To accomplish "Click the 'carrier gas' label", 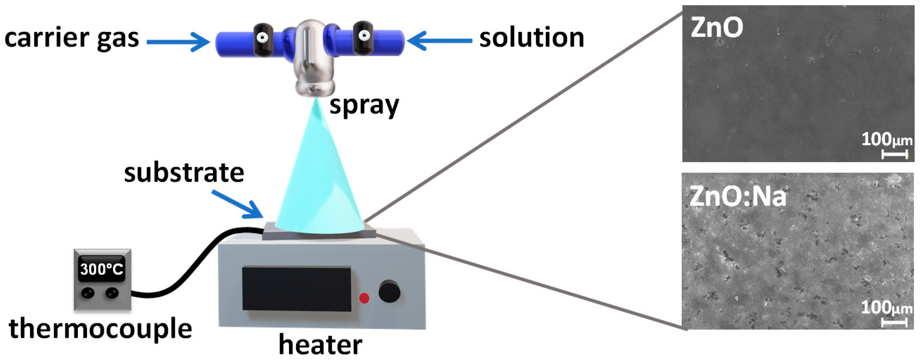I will (71, 39).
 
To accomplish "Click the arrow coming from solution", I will (440, 41).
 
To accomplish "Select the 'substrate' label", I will (184, 173).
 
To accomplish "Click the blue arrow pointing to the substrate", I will (238, 204).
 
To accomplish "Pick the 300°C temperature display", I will (102, 269).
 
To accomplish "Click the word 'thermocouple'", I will (100, 329).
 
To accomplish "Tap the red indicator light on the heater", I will (364, 298).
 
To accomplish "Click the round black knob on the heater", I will (389, 291).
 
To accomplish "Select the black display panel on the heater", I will (296, 289).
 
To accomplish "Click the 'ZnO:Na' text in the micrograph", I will (737, 197).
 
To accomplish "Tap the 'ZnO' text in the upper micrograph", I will (717, 27).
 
